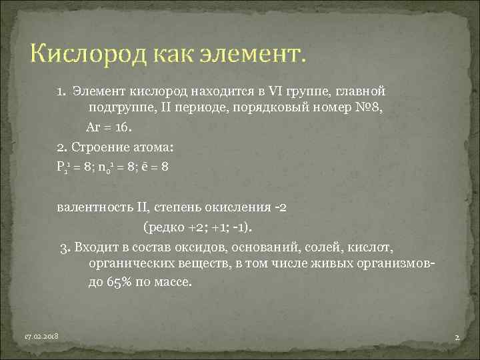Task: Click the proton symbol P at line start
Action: click(x=61, y=169)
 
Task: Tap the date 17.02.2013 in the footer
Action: click(x=41, y=337)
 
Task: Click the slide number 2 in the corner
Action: click(x=457, y=338)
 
